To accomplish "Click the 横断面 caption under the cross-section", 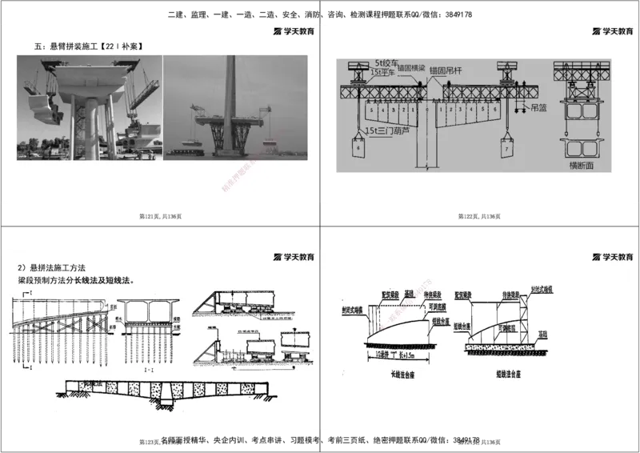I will tap(584, 166).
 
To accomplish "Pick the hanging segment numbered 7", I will tap(507, 150).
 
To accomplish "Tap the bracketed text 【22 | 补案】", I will tap(121, 48).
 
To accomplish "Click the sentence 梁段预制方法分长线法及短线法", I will tap(77, 281).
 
